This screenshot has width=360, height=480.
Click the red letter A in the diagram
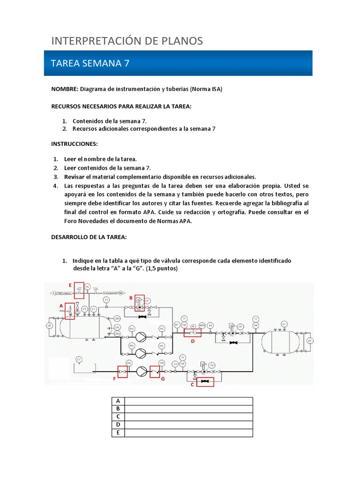coord(61,305)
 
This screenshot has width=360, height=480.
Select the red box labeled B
coord(140,303)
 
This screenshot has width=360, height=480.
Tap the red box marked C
coord(204,382)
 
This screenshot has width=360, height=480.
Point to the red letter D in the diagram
coord(192,341)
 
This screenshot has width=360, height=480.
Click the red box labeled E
coord(79,290)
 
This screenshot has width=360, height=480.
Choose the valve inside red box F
coord(123,372)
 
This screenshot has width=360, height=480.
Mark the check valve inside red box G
coord(154,372)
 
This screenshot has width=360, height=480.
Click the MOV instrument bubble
coord(202,325)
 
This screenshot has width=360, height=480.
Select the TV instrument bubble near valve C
coord(212,365)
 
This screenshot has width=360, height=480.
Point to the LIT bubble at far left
coord(49,325)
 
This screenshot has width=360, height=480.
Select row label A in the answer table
coord(118,401)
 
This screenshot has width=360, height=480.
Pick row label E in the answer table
coord(118,433)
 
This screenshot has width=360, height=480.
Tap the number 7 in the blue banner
coord(126,63)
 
